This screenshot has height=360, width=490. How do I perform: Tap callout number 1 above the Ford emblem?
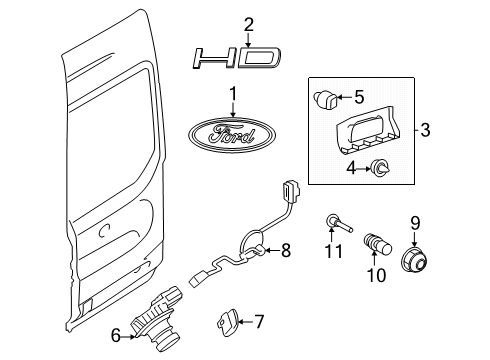click(x=234, y=95)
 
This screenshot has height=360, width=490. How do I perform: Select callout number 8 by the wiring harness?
click(x=285, y=251)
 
